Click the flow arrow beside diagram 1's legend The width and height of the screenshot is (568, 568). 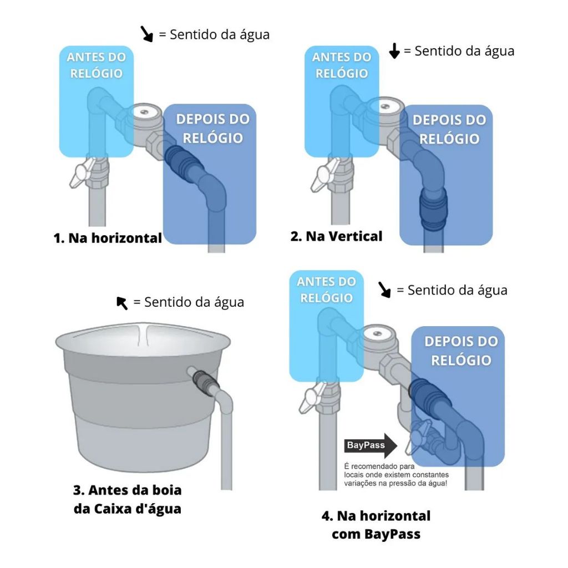pyautogui.click(x=146, y=34)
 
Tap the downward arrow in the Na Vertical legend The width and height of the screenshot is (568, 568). pyautogui.click(x=394, y=50)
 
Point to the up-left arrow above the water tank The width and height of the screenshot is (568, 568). pyautogui.click(x=122, y=303)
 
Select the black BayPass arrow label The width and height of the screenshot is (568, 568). pyautogui.click(x=371, y=445)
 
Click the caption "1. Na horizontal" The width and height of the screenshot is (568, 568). pyautogui.click(x=108, y=238)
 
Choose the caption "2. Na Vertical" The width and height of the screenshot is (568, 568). pyautogui.click(x=336, y=236)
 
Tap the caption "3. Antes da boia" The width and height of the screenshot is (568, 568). pyautogui.click(x=127, y=490)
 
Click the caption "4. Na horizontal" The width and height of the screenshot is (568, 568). pyautogui.click(x=376, y=516)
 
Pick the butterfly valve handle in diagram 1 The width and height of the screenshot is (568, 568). pyautogui.click(x=83, y=173)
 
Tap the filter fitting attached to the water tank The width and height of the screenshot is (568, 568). pyautogui.click(x=205, y=383)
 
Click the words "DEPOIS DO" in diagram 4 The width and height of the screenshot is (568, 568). pyautogui.click(x=461, y=341)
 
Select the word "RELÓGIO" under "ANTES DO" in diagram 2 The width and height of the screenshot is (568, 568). pyautogui.click(x=342, y=74)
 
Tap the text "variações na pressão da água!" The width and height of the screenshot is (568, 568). pyautogui.click(x=395, y=483)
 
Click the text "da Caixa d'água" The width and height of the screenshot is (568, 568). pyautogui.click(x=127, y=509)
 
